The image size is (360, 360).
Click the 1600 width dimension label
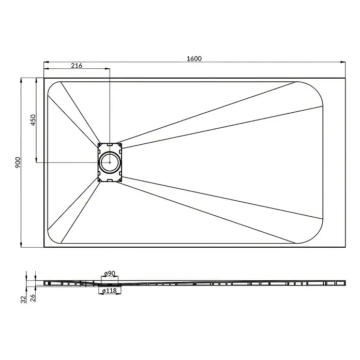click(194, 58)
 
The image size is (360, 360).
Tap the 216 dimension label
click(77, 66)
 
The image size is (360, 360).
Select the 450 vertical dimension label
click(33, 120)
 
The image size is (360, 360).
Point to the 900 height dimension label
click(18, 162)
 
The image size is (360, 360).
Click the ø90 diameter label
click(110, 274)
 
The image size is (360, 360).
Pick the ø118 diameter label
click(110, 291)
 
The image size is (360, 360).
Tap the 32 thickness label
click(23, 299)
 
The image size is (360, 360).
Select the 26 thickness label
click(33, 298)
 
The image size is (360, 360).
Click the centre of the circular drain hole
click(110, 162)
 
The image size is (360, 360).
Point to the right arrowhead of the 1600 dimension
click(343, 62)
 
